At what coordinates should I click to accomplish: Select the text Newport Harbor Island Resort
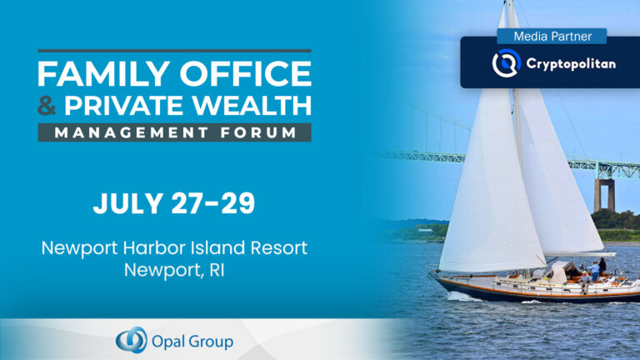(175, 247)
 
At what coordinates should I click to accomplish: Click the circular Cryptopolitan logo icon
(505, 63)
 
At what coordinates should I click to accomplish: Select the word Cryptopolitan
(571, 63)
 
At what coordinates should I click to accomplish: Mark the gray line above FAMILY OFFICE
(174, 51)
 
